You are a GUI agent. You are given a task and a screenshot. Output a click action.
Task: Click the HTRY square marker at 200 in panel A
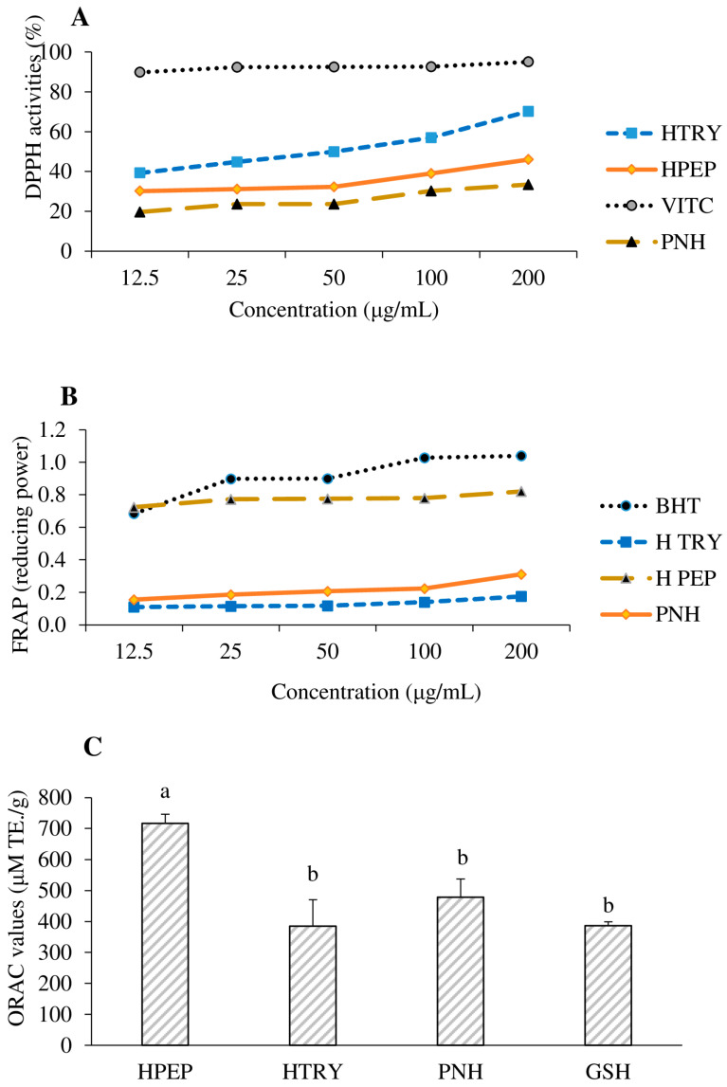tap(528, 111)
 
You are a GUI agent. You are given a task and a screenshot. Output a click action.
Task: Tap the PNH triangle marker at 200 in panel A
tap(528, 185)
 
